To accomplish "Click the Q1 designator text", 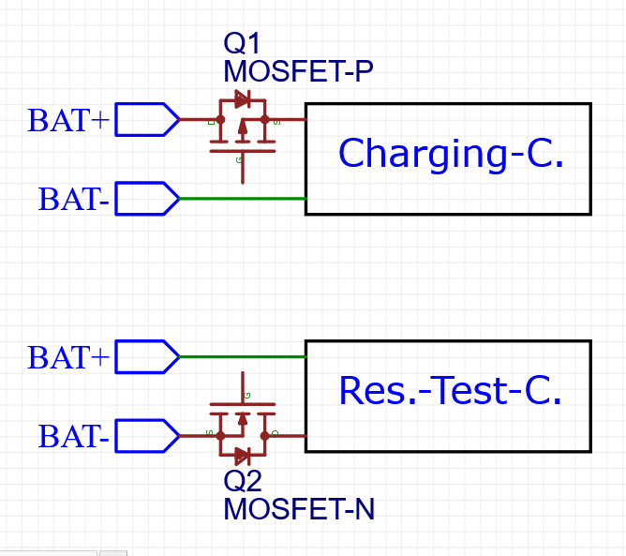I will pos(242,44).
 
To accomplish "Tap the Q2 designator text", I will pos(243,482).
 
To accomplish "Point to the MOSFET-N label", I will pos(298,509).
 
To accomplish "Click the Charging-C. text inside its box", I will pos(450,154).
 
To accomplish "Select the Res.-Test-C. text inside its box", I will pos(450,391).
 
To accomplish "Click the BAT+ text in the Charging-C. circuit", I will pos(68,121).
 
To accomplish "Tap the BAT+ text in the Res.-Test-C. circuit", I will pos(68,358).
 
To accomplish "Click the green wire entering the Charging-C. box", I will pos(242,199).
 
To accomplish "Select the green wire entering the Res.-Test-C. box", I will pos(242,357).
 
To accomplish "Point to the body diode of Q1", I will pos(242,98).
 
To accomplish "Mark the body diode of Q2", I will pos(242,456).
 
